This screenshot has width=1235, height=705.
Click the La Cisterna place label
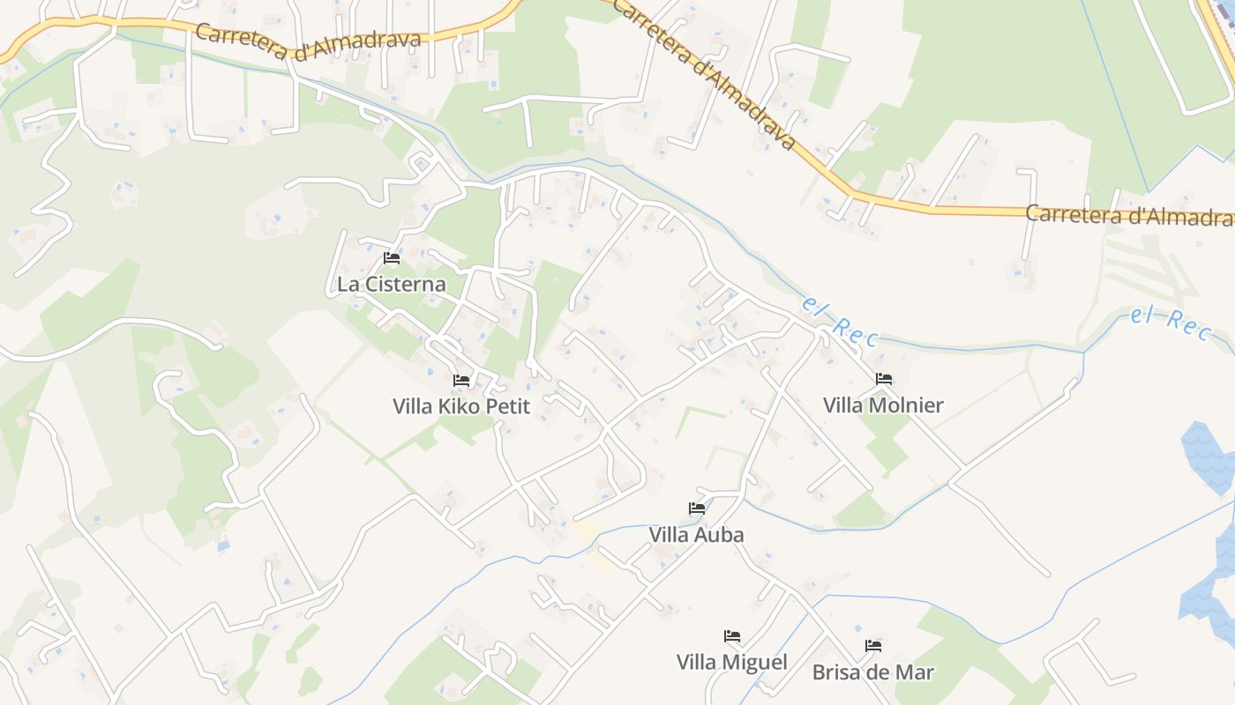pos(391,285)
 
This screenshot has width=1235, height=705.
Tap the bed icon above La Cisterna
pos(392,258)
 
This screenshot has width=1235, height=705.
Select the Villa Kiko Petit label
pos(461,406)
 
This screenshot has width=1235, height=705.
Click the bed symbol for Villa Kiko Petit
pos(461,380)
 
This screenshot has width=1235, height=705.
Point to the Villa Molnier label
pos(883,405)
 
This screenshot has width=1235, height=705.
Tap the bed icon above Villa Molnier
pos(884,379)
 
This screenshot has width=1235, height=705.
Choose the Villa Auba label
pos(696,535)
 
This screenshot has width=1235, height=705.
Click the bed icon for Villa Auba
pos(697,508)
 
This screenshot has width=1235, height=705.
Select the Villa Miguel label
pos(731,662)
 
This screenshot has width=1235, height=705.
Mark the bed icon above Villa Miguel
pos(732,636)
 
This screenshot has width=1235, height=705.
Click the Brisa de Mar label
pos(872,672)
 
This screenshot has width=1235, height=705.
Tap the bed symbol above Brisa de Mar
pos(873,646)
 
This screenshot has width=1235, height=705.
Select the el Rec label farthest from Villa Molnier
pos(1170,321)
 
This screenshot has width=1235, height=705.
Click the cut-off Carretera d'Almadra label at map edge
pos(1129,215)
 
